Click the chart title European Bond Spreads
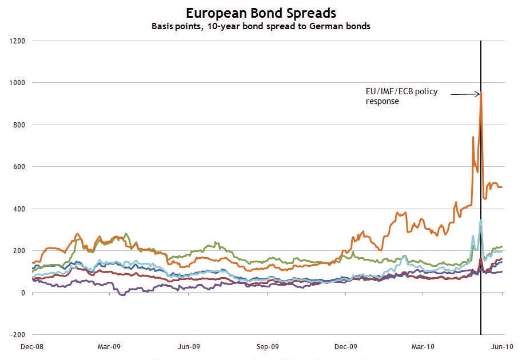tap(261, 13)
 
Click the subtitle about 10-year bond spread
tap(261, 26)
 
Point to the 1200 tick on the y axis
tap(17, 41)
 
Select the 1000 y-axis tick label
tap(17, 83)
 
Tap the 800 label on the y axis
tap(19, 125)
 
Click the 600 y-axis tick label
tap(19, 167)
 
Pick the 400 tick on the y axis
tap(19, 209)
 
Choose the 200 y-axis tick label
tap(19, 251)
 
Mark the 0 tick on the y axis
tap(24, 293)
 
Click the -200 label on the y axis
tap(18, 335)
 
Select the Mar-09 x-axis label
tap(109, 346)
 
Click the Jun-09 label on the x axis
tap(189, 346)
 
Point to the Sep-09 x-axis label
tap(267, 346)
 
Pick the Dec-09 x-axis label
tap(345, 346)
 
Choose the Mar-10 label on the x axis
tap(423, 346)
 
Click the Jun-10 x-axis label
tap(502, 346)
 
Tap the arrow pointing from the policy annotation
tap(464, 93)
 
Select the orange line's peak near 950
tap(481, 92)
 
